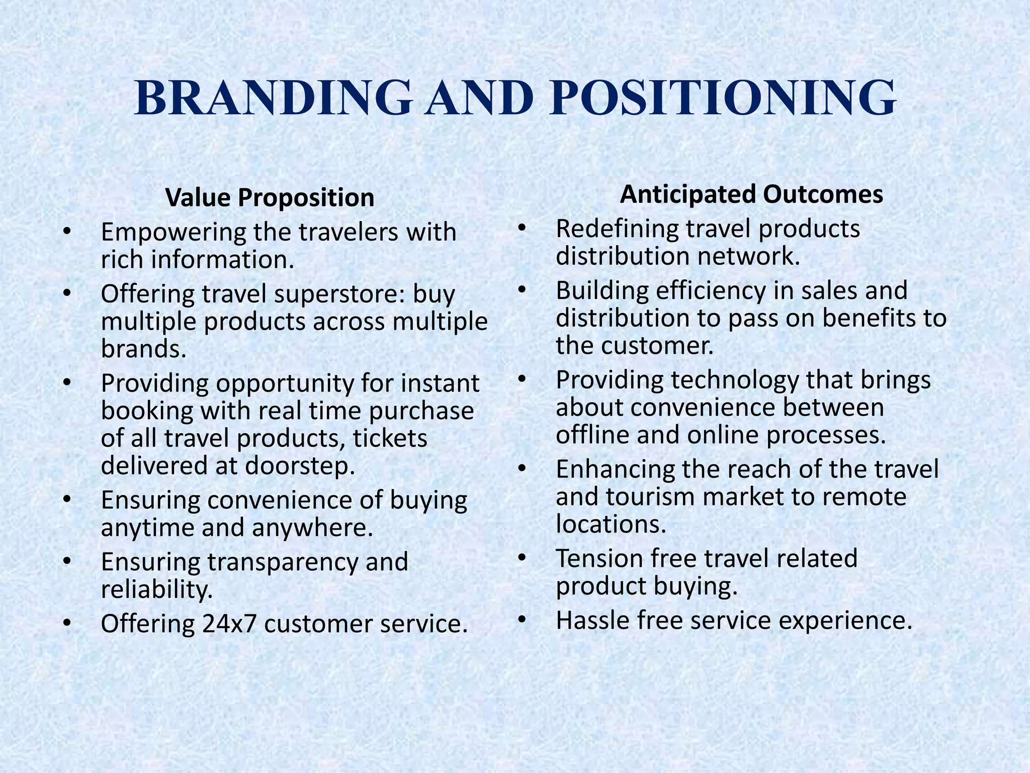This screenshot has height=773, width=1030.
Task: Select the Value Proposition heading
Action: [270, 197]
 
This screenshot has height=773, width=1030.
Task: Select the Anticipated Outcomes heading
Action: [751, 194]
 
